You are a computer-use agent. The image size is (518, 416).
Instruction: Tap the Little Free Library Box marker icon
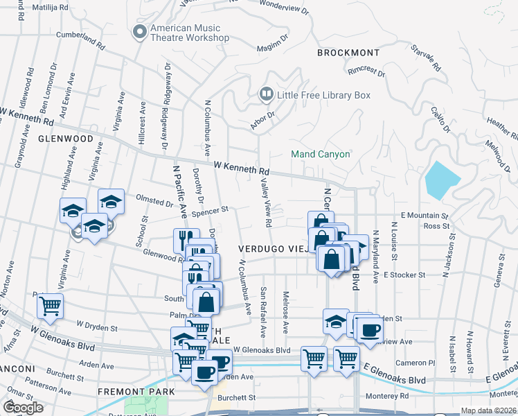pyautogui.click(x=265, y=94)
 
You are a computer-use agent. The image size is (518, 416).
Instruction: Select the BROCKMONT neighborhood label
pyautogui.click(x=348, y=53)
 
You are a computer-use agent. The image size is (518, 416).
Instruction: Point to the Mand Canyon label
pyautogui.click(x=320, y=154)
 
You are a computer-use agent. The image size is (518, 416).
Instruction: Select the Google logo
pyautogui.click(x=23, y=408)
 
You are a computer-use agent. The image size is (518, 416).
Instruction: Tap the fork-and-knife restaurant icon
pyautogui.click(x=186, y=239)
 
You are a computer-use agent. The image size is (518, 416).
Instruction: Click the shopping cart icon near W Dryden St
pyautogui.click(x=50, y=305)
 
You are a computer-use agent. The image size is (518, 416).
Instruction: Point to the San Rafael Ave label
pyautogui.click(x=263, y=304)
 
